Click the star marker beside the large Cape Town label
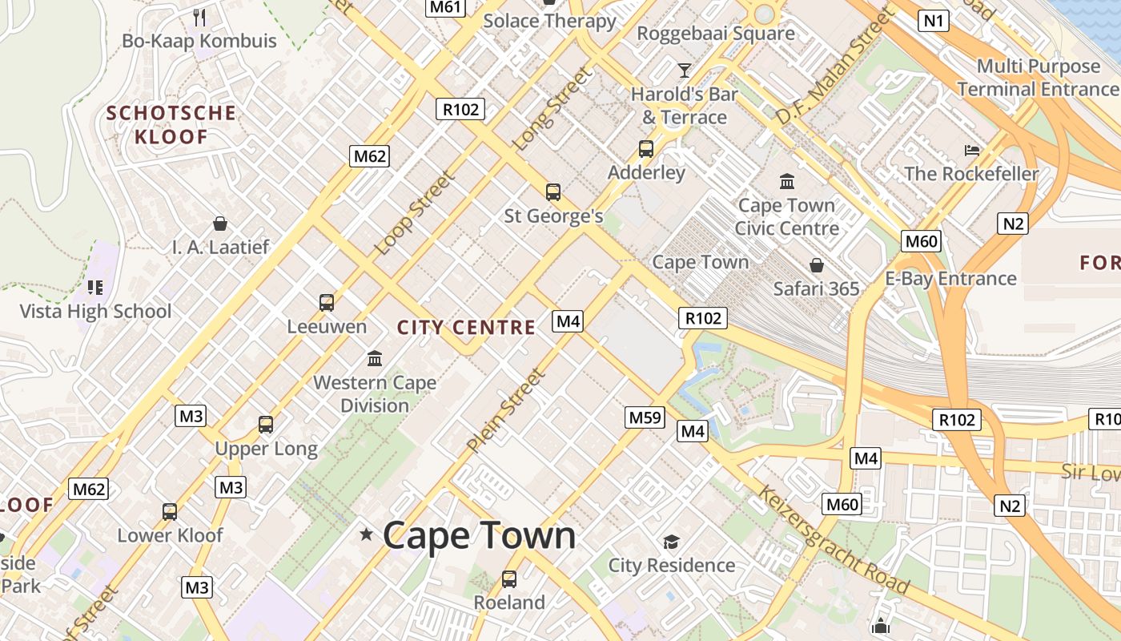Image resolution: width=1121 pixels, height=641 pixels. point(367,534)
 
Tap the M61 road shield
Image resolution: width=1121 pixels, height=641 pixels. point(445,7)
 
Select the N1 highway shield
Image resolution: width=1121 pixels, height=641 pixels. point(934,21)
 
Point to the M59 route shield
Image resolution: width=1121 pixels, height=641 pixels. point(645,417)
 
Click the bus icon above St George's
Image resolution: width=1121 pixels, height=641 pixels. point(553,192)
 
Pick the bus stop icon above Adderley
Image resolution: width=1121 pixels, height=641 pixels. point(646,149)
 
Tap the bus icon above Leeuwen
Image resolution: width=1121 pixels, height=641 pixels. point(327,303)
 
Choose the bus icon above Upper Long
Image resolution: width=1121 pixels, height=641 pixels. point(266,425)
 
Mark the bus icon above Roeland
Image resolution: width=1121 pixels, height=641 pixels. point(509,579)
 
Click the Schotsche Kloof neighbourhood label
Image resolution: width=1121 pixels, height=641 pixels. point(171,124)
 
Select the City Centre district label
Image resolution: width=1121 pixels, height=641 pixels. point(466,327)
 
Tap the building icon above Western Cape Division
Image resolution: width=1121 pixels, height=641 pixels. point(375,358)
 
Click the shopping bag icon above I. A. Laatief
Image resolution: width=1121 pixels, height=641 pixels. point(220,224)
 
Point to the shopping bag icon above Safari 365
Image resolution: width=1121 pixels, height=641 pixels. point(817,264)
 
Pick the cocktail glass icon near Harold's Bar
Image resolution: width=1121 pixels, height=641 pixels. point(685,71)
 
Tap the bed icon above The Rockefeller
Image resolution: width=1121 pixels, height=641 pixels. point(972,150)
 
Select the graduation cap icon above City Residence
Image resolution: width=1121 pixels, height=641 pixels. point(671,542)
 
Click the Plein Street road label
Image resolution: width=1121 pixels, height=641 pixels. point(506,410)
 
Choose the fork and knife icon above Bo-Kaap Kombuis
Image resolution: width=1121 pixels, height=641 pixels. point(199,17)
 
